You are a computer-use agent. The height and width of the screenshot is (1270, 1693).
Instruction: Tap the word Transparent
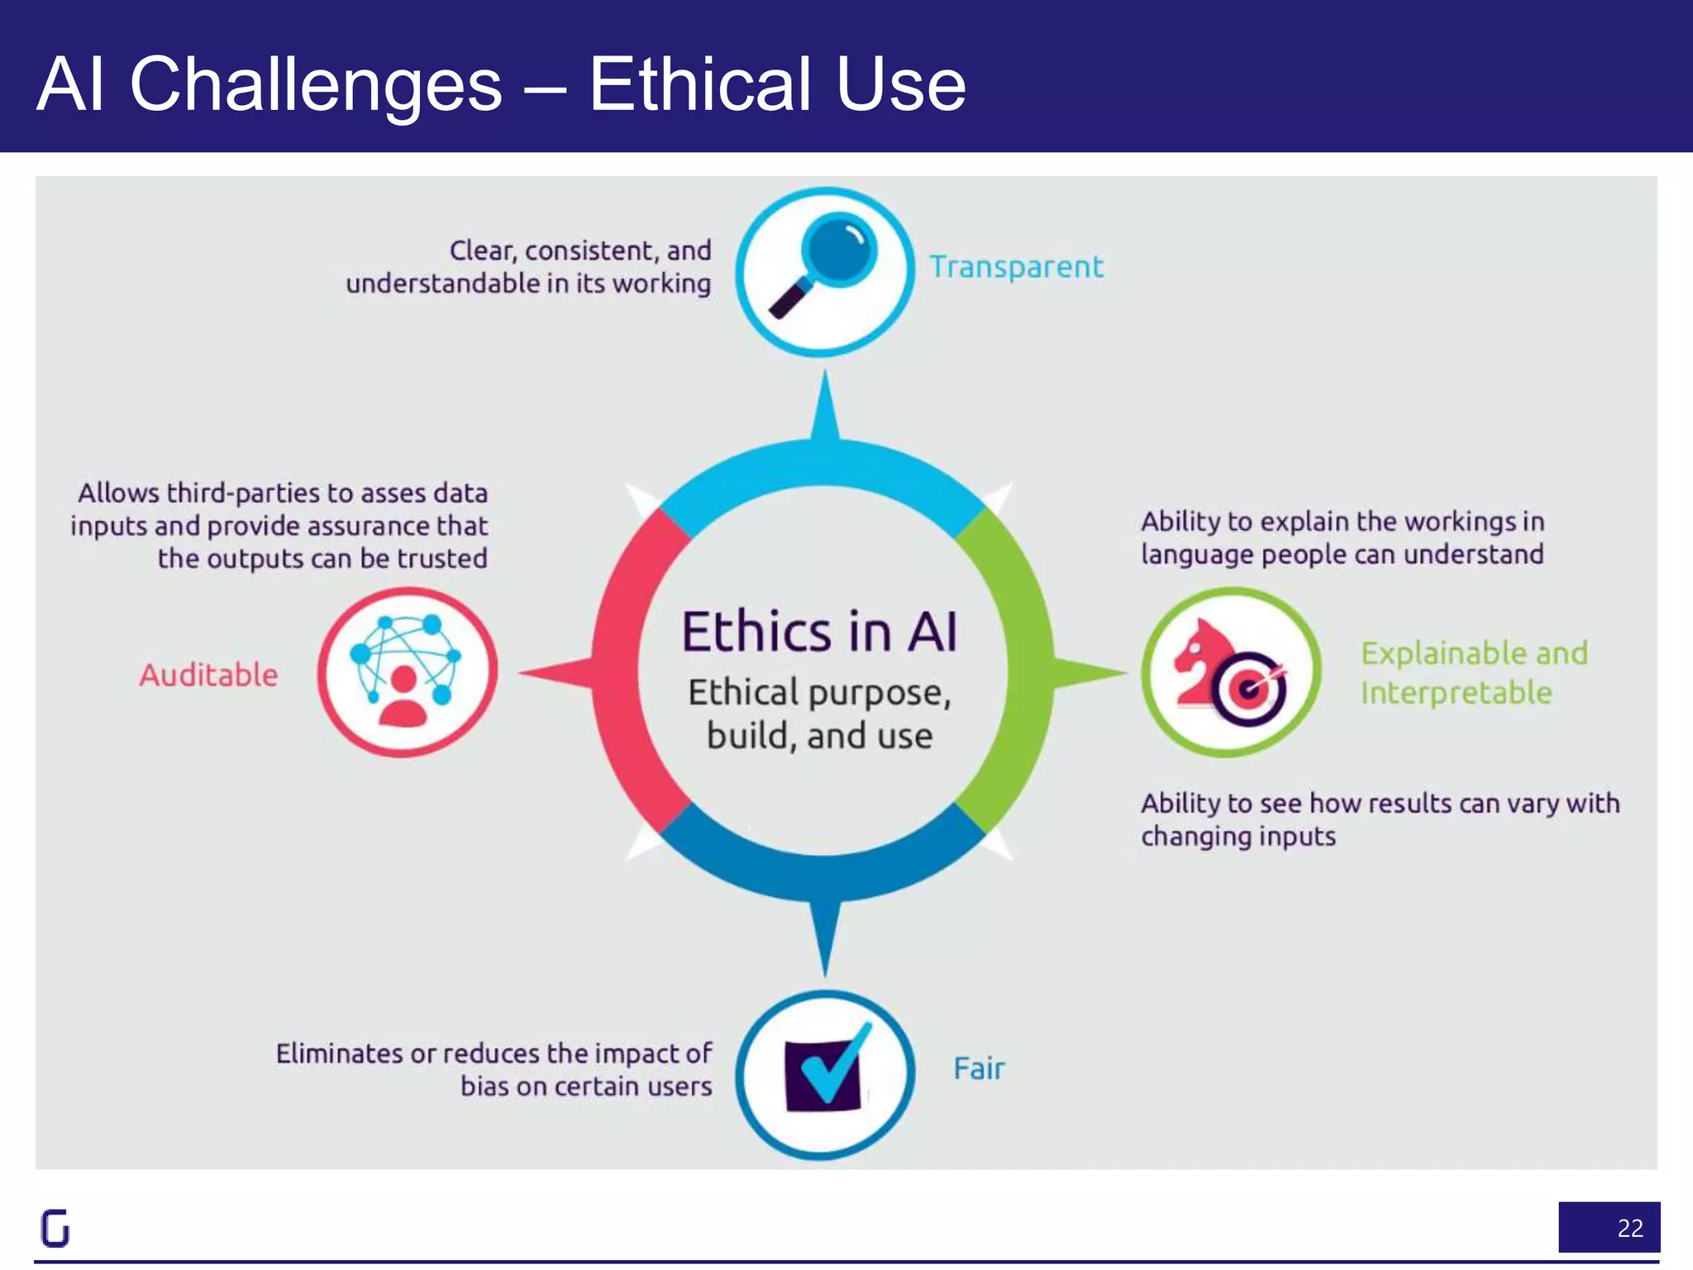coord(1016,267)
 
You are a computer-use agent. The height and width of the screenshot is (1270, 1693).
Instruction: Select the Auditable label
coord(208,675)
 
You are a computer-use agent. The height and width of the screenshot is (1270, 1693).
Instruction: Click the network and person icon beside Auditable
coord(406,671)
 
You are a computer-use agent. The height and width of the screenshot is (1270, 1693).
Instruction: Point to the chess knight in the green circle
coord(1199,662)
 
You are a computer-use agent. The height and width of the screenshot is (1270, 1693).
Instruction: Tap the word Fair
coord(979,1068)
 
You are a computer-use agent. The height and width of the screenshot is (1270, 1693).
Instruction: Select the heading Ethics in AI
coord(819,633)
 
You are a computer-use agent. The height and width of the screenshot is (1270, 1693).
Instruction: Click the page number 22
coord(1629,1228)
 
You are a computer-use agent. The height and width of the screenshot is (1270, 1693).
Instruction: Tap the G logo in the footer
coord(55,1228)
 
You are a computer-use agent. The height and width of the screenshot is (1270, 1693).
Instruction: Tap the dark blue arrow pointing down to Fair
coord(824,934)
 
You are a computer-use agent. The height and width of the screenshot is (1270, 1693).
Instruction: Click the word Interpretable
coord(1456,693)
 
